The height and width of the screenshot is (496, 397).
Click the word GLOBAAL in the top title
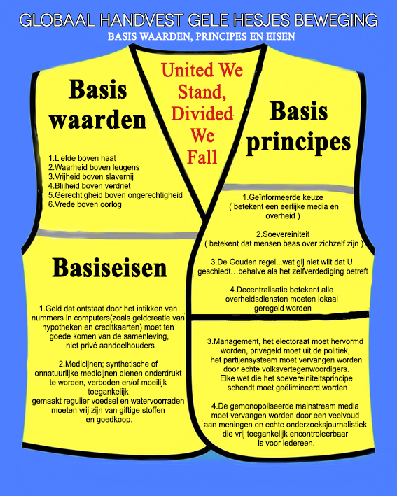point(57,20)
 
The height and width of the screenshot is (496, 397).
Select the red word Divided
point(202,113)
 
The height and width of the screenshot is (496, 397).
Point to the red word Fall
point(202,157)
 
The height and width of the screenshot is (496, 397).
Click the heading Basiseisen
point(109,268)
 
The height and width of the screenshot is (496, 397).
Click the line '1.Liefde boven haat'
point(83,158)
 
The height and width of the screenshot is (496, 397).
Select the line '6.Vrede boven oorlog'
point(85,204)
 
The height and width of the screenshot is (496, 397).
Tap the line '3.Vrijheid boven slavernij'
point(91,176)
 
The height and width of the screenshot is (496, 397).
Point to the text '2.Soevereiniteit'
point(283,234)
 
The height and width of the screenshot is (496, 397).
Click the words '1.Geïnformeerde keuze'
point(283,197)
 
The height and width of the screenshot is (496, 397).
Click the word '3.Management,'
point(234,341)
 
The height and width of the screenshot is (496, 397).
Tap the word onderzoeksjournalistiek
point(329,425)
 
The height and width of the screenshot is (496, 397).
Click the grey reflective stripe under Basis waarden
point(117,235)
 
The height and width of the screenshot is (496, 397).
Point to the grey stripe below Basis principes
point(288,188)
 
